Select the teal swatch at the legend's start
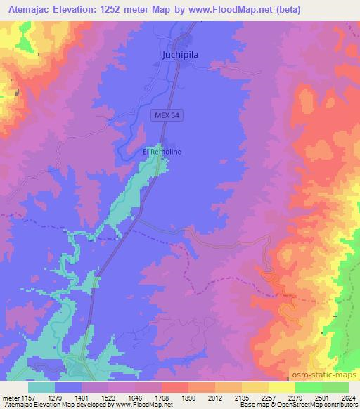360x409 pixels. [x=41, y=387]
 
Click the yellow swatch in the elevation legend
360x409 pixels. [x=281, y=387]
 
